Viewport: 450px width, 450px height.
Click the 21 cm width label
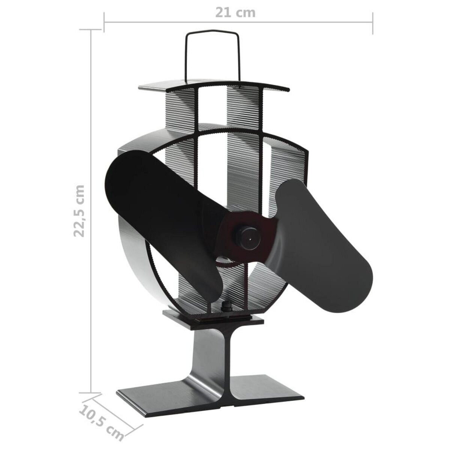(x=235, y=12)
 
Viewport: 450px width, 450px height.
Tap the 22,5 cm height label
(x=79, y=210)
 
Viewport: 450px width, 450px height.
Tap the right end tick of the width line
(x=373, y=23)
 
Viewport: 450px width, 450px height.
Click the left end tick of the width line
(x=104, y=23)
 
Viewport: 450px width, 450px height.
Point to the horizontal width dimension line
(x=169, y=23)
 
